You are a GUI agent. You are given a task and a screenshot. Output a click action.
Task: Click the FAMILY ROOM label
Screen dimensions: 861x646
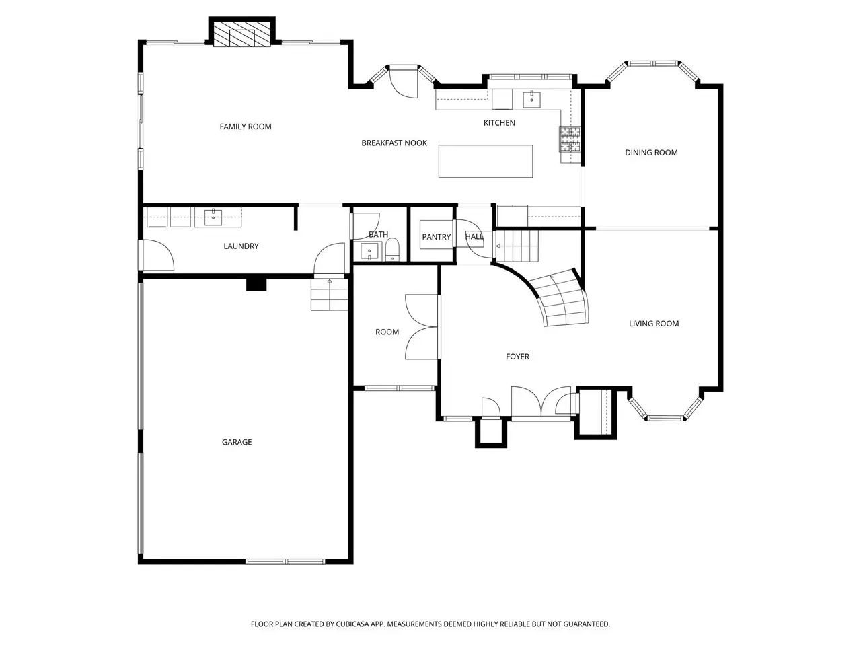[x=245, y=127]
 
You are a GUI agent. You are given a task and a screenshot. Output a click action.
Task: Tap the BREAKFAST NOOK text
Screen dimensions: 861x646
[x=394, y=143]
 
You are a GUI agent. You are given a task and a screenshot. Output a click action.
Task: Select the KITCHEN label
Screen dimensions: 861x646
[x=499, y=122]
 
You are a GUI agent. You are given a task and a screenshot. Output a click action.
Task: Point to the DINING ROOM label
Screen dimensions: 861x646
[x=651, y=153]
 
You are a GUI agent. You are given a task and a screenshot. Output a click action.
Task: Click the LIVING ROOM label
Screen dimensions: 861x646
[x=654, y=324]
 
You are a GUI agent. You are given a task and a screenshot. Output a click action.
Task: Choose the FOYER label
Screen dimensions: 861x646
[x=517, y=357]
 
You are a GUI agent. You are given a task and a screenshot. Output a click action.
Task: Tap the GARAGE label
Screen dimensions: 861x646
[x=237, y=442]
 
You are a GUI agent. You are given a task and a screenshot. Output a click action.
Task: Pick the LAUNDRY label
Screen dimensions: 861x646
[x=241, y=246]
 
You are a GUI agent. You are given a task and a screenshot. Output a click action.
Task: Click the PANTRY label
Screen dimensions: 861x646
[x=436, y=237]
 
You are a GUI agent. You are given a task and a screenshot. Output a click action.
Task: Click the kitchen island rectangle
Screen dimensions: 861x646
[x=485, y=161]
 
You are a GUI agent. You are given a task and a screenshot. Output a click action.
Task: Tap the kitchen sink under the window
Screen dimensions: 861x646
[x=531, y=99]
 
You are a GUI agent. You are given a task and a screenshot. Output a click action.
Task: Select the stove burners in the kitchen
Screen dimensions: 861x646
[x=570, y=139]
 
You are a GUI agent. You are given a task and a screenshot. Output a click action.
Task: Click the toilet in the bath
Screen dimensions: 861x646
[x=392, y=249]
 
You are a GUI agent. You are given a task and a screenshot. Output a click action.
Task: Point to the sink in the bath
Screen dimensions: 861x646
[x=369, y=252]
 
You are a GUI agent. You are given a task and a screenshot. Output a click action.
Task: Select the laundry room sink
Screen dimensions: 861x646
[x=213, y=217]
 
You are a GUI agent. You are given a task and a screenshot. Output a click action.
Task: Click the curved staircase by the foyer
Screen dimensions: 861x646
[x=563, y=299]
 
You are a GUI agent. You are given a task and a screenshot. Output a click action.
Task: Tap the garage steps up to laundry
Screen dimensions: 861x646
[x=330, y=295]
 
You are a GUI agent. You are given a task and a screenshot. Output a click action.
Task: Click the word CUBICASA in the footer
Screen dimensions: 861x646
[x=352, y=624]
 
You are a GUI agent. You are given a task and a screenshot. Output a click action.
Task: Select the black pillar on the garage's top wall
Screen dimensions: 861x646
[x=256, y=284]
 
